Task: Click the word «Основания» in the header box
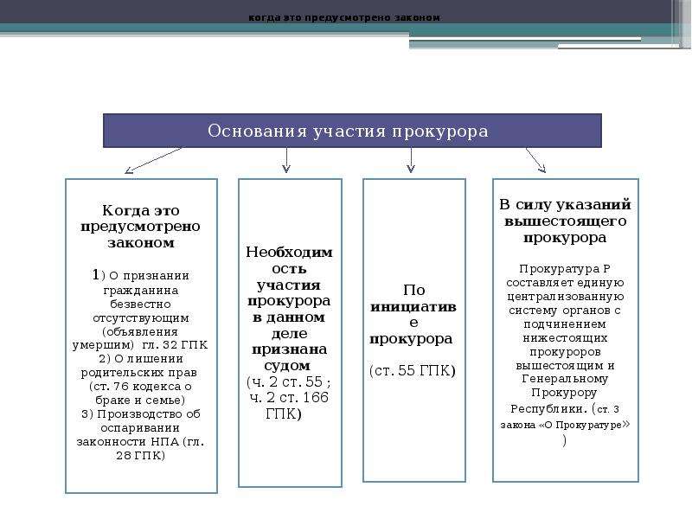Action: click(257, 131)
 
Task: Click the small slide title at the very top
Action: click(344, 17)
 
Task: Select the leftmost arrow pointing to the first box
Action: click(153, 160)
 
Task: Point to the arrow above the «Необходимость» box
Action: click(286, 160)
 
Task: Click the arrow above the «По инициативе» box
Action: click(411, 160)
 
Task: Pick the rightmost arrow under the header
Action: click(535, 160)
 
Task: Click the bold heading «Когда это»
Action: click(141, 210)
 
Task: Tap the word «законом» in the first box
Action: click(141, 242)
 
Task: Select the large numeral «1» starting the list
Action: click(95, 274)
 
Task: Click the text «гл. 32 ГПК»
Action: click(175, 344)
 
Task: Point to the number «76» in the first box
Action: click(121, 386)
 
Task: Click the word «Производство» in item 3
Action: click(139, 414)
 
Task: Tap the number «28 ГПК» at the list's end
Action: click(141, 456)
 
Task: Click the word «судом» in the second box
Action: click(287, 366)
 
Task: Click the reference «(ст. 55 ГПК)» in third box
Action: click(413, 371)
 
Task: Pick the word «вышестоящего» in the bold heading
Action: click(566, 221)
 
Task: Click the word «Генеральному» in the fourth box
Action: click(565, 379)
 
